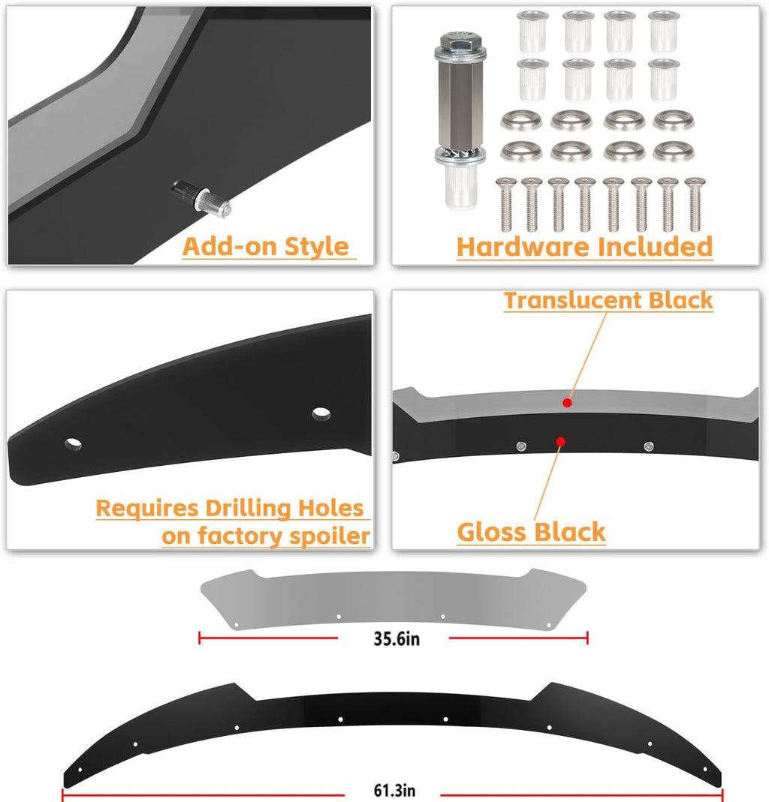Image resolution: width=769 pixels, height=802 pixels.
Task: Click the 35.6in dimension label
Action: pyautogui.click(x=397, y=639)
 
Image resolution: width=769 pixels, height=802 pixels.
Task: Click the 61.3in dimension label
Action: pyautogui.click(x=394, y=791)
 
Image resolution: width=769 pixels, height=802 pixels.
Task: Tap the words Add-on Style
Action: pyautogui.click(x=266, y=246)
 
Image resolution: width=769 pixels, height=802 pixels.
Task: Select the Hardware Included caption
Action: pyautogui.click(x=585, y=247)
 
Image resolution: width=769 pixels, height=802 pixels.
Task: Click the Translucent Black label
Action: pyautogui.click(x=608, y=300)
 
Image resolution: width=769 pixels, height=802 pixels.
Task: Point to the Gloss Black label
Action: pyautogui.click(x=532, y=532)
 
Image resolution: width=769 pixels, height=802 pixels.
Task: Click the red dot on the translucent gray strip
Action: pyautogui.click(x=567, y=403)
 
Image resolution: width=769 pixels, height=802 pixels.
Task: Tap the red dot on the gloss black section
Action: pyautogui.click(x=561, y=441)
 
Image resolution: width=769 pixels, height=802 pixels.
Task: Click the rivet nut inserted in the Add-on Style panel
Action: pyautogui.click(x=202, y=199)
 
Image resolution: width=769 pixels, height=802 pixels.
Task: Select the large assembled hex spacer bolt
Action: pyautogui.click(x=460, y=121)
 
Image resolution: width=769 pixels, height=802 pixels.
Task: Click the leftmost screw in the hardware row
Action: pyautogui.click(x=506, y=204)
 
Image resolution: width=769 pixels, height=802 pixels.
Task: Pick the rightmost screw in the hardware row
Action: pyautogui.click(x=695, y=204)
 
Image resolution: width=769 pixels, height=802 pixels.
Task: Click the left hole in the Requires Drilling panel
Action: pyautogui.click(x=73, y=443)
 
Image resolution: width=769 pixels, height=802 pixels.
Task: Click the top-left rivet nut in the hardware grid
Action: pyautogui.click(x=532, y=32)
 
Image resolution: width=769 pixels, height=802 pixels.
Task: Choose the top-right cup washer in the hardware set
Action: pyautogui.click(x=674, y=122)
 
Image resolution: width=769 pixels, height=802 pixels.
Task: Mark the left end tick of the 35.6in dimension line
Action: pyautogui.click(x=199, y=638)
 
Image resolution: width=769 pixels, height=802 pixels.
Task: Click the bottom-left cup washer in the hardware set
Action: pyautogui.click(x=520, y=152)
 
